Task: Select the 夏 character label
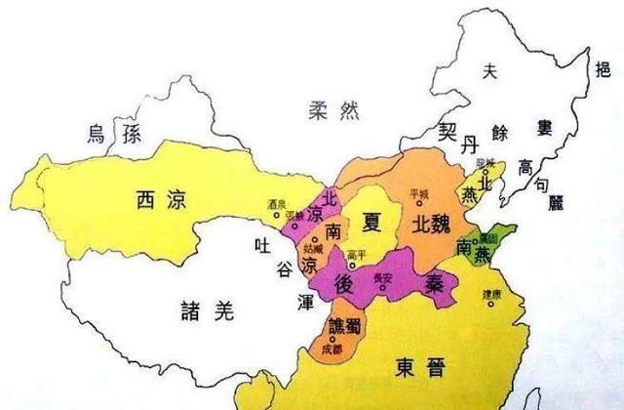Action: [x=371, y=218]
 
